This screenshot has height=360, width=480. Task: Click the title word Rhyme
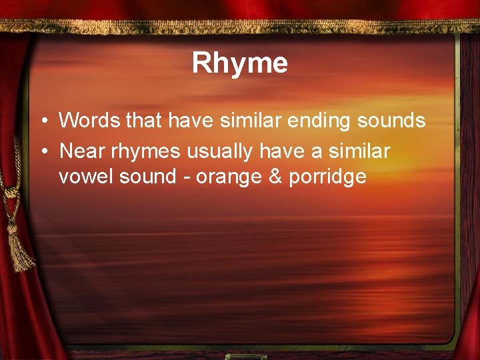click(240, 63)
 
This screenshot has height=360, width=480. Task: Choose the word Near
click(79, 151)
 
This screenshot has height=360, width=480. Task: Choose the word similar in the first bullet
click(238, 121)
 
